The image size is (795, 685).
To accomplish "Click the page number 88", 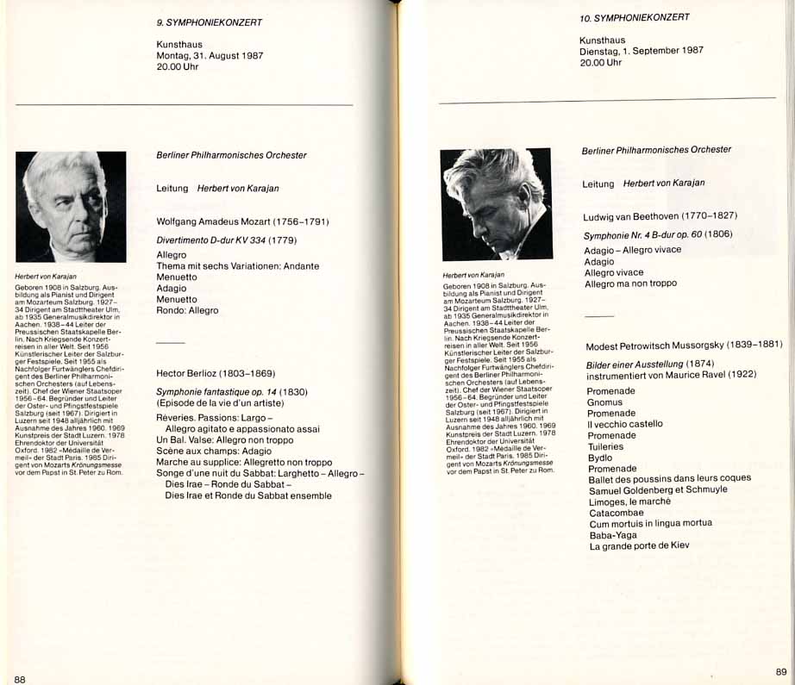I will click(20, 679).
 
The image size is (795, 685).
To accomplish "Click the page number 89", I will click(781, 671).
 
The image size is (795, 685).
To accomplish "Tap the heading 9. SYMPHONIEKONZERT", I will click(210, 22).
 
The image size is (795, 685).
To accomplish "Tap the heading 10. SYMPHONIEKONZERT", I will click(635, 18).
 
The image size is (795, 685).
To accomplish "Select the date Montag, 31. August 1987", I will click(210, 55).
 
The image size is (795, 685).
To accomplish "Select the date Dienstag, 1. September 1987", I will click(642, 51).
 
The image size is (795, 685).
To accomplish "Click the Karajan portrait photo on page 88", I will click(71, 207).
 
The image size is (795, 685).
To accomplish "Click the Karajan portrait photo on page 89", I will click(497, 204).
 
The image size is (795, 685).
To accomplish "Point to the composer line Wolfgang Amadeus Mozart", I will click(242, 221).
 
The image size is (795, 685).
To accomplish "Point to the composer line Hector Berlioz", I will click(216, 374).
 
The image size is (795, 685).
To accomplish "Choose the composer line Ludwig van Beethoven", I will click(660, 215).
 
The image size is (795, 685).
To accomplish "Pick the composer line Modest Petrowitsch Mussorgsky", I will click(684, 345).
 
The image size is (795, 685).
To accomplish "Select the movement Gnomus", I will click(604, 402).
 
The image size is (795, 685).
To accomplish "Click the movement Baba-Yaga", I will click(613, 535).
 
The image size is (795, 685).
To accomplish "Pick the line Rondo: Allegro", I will click(187, 310).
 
